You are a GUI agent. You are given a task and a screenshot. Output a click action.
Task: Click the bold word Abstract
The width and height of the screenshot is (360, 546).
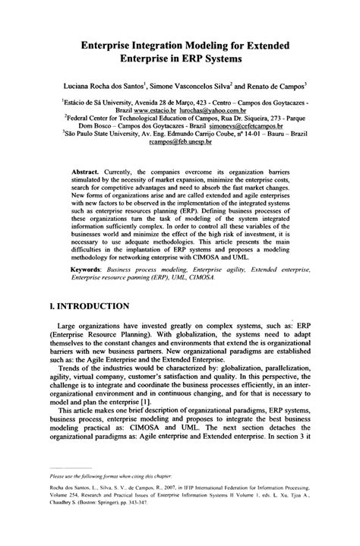click(x=87, y=172)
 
